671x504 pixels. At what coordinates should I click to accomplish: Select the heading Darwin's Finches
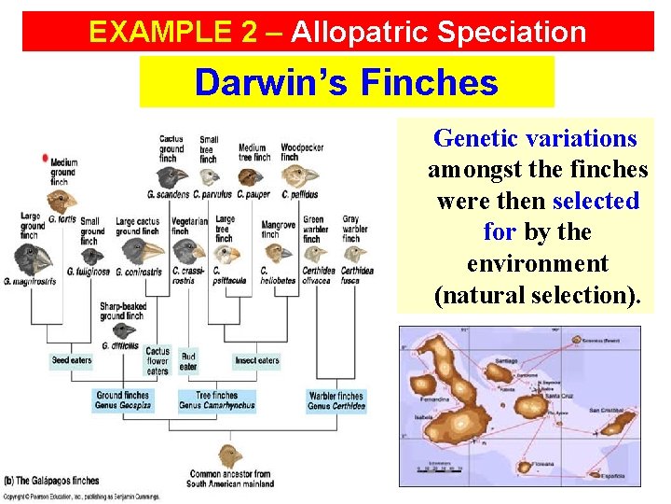[x=346, y=83]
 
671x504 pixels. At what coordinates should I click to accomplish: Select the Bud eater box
[x=188, y=361]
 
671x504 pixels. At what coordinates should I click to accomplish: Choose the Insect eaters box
[x=256, y=360]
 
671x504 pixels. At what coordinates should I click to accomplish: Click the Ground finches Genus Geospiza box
[x=123, y=400]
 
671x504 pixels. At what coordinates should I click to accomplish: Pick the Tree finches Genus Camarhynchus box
[x=216, y=400]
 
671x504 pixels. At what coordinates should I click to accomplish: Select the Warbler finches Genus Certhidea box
[x=336, y=400]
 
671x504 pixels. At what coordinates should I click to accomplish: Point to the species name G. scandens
[x=168, y=195]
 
